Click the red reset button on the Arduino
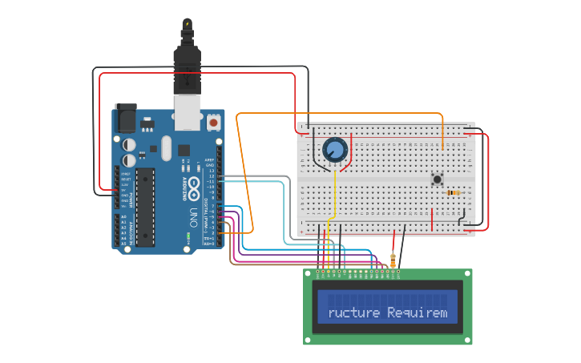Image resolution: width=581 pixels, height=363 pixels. (213, 123)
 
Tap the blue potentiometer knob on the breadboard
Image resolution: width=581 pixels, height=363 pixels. (334, 150)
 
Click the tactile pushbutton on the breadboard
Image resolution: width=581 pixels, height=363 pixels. (438, 179)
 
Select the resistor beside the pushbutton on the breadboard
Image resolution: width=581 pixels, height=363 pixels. (454, 193)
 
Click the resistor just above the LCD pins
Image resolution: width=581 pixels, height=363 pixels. (392, 260)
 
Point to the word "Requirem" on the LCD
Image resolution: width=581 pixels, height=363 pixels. (418, 312)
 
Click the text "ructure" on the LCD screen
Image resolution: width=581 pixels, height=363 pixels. (353, 312)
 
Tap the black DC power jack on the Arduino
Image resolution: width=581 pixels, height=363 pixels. (125, 118)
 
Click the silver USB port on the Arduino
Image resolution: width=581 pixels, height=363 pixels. (188, 117)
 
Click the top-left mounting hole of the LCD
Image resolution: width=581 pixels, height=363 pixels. (309, 274)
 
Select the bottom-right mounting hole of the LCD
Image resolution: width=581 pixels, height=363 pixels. (467, 340)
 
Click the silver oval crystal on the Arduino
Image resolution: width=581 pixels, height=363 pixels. (166, 147)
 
